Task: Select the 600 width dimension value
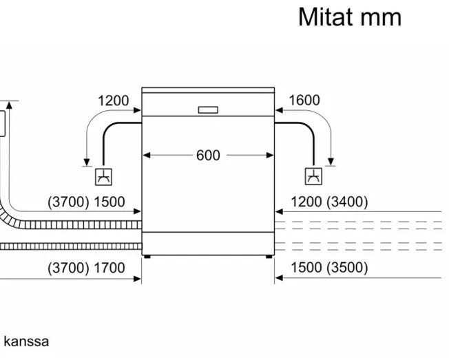(208, 156)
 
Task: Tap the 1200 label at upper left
(113, 100)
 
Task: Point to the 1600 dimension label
(304, 100)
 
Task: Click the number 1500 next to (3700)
(109, 202)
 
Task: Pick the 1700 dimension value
(109, 268)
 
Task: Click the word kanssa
(25, 341)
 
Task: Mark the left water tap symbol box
(103, 176)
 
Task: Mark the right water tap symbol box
(313, 176)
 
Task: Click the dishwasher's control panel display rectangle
(208, 109)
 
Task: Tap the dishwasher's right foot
(269, 257)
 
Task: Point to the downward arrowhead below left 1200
(85, 160)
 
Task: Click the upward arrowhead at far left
(10, 105)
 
